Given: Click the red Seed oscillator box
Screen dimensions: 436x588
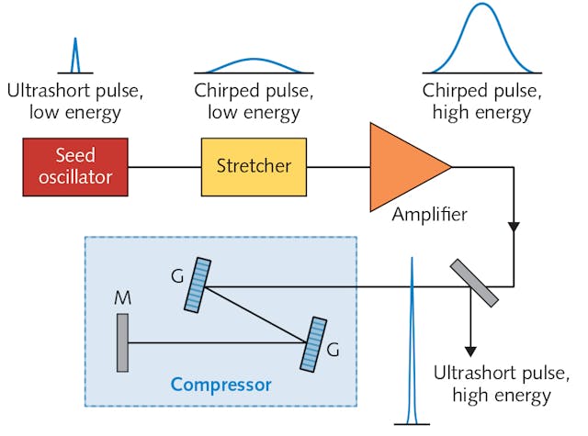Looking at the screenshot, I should coord(75,166).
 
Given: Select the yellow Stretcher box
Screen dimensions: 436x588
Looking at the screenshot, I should coord(254,166).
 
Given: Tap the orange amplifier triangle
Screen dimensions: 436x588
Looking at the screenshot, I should coord(401,166).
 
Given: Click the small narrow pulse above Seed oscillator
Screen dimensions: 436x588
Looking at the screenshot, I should coord(75,58).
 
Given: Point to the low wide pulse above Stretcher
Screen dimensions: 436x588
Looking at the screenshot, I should coord(254,64).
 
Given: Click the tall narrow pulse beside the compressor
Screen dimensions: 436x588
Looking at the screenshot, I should coord(413,349).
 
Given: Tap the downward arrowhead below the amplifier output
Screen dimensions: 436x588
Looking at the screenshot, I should coord(513,227).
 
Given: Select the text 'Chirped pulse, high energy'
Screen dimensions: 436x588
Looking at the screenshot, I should coord(477,103).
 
